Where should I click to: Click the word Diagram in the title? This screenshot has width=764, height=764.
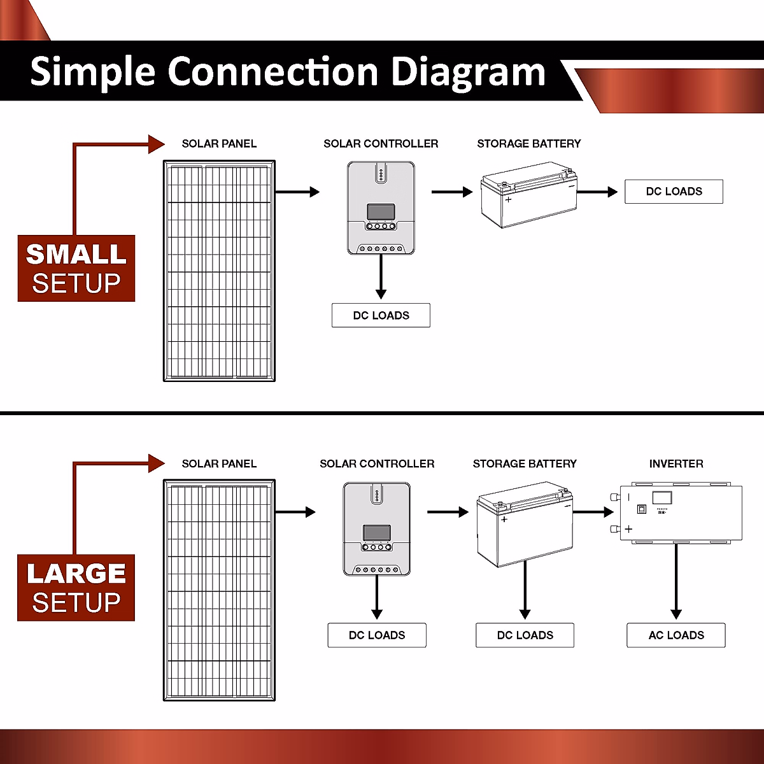[x=468, y=72]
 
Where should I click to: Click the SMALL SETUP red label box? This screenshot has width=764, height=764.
[x=76, y=268]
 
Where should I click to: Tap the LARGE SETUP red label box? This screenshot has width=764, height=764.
[x=76, y=588]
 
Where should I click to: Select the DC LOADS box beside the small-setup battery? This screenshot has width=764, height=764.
[x=674, y=192]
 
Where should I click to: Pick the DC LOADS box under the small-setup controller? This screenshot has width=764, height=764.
[x=381, y=315]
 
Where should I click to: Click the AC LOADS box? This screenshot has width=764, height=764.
[x=676, y=635]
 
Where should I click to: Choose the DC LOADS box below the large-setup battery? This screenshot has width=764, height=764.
[x=525, y=635]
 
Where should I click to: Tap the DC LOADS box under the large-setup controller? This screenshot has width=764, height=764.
[x=377, y=635]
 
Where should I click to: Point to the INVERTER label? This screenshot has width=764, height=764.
[x=676, y=463]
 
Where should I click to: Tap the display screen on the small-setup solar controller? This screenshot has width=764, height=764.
[x=381, y=211]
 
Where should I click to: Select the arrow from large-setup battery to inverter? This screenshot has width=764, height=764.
[x=593, y=512]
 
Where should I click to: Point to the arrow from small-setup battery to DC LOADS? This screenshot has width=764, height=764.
[x=597, y=192]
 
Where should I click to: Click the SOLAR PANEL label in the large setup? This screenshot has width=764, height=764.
[x=219, y=463]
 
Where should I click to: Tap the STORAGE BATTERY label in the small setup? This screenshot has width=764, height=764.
[x=528, y=144]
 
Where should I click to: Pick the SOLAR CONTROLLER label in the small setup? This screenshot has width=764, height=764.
[x=381, y=144]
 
